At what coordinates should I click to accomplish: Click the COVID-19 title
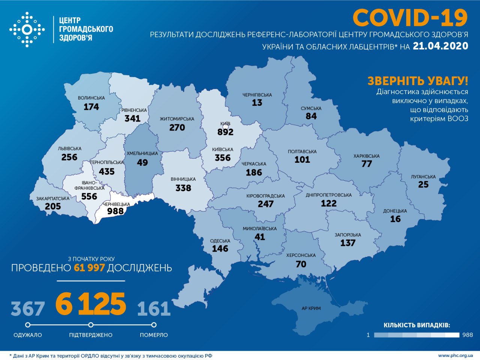[410, 18]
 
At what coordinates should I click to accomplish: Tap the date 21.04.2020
[440, 46]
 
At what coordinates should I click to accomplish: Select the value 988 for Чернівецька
[115, 211]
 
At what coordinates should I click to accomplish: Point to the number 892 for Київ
[225, 132]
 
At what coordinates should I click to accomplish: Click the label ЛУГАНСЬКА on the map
[423, 177]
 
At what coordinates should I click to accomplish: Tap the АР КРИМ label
[311, 308]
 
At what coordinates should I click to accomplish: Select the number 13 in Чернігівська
[257, 103]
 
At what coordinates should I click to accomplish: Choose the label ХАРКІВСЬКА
[366, 156]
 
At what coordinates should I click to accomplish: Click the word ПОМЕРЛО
[154, 335]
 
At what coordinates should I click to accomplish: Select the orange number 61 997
[89, 268]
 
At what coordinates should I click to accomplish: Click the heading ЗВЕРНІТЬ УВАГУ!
[418, 81]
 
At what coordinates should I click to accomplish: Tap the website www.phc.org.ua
[455, 355]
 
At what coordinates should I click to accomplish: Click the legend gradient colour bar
[417, 335]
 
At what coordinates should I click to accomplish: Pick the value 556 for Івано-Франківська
[89, 196]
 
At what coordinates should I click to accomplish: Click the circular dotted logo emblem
[27, 29]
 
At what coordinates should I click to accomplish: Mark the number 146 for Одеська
[220, 249]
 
